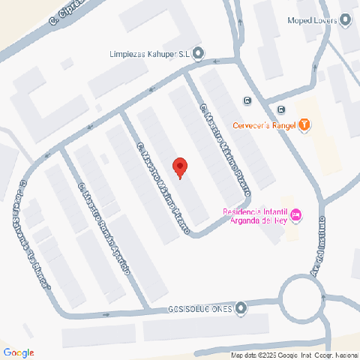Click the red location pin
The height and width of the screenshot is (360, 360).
179,166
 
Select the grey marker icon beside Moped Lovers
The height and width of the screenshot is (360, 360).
346,20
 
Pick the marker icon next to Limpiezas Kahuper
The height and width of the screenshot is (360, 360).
197,52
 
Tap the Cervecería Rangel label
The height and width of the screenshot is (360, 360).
264,125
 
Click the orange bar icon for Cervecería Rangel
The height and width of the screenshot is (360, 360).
304,125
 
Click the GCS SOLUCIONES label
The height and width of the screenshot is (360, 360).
199,308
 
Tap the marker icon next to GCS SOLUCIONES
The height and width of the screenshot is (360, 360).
240,307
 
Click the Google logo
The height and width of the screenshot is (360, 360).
19,352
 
